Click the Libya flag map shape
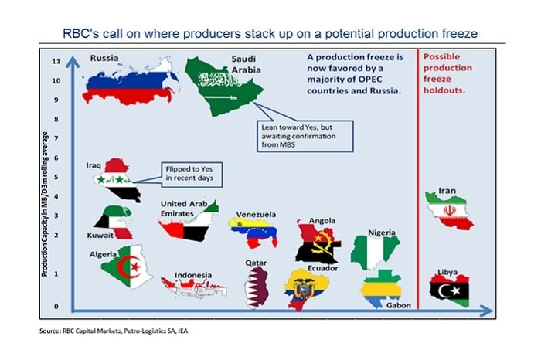click(x=451, y=291)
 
